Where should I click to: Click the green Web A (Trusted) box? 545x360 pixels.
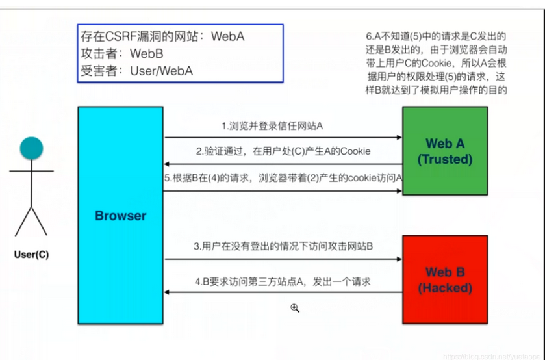tap(445, 151)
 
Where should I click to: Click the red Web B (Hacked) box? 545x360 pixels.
tap(445, 279)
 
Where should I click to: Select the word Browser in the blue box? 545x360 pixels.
tap(120, 216)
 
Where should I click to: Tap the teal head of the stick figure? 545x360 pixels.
tap(31, 148)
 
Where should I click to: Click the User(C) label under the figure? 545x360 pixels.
tap(31, 255)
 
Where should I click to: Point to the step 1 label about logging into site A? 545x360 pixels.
tap(272, 125)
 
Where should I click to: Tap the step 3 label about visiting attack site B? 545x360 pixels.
tap(283, 246)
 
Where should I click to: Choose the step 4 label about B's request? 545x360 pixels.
tap(283, 282)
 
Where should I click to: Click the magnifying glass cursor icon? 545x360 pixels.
tap(294, 307)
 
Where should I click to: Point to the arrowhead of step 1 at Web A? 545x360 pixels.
tap(399, 138)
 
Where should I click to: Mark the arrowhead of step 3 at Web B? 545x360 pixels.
tap(399, 259)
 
